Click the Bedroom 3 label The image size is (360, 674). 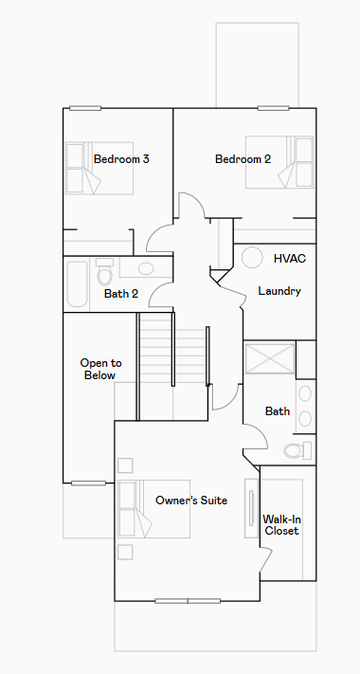(121, 159)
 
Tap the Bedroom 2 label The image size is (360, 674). (243, 159)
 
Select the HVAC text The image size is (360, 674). (290, 259)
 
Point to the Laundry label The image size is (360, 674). (279, 291)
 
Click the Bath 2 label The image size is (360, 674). (121, 294)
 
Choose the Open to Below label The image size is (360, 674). (100, 370)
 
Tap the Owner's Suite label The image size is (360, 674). (191, 501)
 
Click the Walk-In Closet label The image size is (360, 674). (281, 525)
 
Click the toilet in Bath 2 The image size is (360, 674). (104, 272)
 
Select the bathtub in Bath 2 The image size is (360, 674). (78, 284)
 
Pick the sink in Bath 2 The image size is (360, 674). (146, 268)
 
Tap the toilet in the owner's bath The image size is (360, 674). (297, 450)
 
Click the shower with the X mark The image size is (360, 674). (270, 357)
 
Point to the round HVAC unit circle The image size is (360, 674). (252, 257)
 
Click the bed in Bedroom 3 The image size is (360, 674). (99, 168)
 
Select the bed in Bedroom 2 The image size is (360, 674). (279, 162)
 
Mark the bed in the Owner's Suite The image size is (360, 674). (154, 509)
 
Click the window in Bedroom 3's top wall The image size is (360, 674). (85, 108)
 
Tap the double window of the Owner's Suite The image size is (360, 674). (188, 601)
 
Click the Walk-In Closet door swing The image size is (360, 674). (266, 559)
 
